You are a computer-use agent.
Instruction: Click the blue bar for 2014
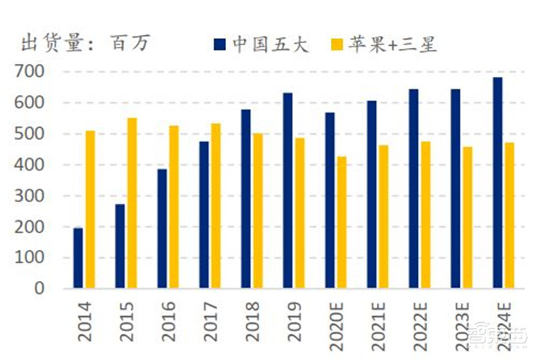pos(78,258)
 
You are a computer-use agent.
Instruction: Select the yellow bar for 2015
pos(132,203)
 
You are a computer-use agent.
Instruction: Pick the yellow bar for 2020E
pos(342,222)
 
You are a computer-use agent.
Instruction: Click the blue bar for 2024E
pos(497,183)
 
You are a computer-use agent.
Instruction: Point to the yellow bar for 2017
pos(215,206)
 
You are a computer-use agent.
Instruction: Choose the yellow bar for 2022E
pos(425,215)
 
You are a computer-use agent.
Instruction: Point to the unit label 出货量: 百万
pos(84,44)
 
